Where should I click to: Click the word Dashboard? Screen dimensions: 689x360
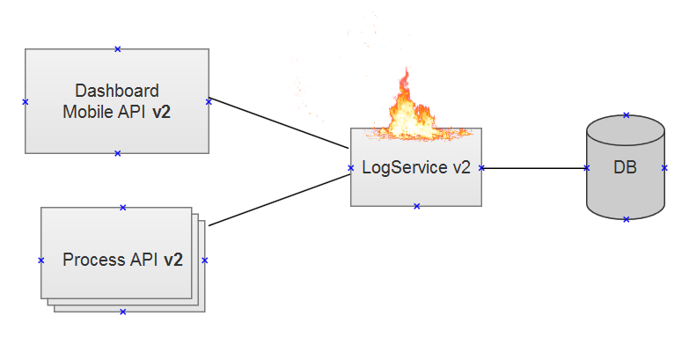click(x=117, y=91)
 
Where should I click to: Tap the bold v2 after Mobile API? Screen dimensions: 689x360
click(x=161, y=112)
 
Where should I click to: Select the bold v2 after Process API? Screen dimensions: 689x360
click(x=173, y=260)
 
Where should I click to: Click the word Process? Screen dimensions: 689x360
click(x=93, y=260)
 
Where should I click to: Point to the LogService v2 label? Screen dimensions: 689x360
click(x=416, y=167)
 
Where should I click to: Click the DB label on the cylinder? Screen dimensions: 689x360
click(x=626, y=167)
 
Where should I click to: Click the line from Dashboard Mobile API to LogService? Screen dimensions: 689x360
click(x=279, y=123)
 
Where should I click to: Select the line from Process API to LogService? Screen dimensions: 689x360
click(x=280, y=200)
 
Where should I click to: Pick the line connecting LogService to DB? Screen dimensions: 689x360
click(x=534, y=168)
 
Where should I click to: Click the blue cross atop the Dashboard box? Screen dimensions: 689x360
click(x=117, y=49)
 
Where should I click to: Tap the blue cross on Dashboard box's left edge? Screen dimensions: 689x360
click(x=25, y=102)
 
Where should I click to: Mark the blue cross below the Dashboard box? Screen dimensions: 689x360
click(x=117, y=153)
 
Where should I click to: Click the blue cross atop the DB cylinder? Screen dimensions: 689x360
click(x=627, y=115)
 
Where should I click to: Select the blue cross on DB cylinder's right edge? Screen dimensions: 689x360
click(x=664, y=168)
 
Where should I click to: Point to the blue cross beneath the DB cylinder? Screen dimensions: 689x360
click(x=627, y=219)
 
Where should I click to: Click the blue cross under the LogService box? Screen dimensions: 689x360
click(x=416, y=206)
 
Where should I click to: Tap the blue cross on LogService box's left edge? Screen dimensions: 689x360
click(x=350, y=168)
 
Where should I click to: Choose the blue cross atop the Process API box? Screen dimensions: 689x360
click(x=123, y=208)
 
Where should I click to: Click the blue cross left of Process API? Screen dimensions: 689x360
click(x=40, y=261)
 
